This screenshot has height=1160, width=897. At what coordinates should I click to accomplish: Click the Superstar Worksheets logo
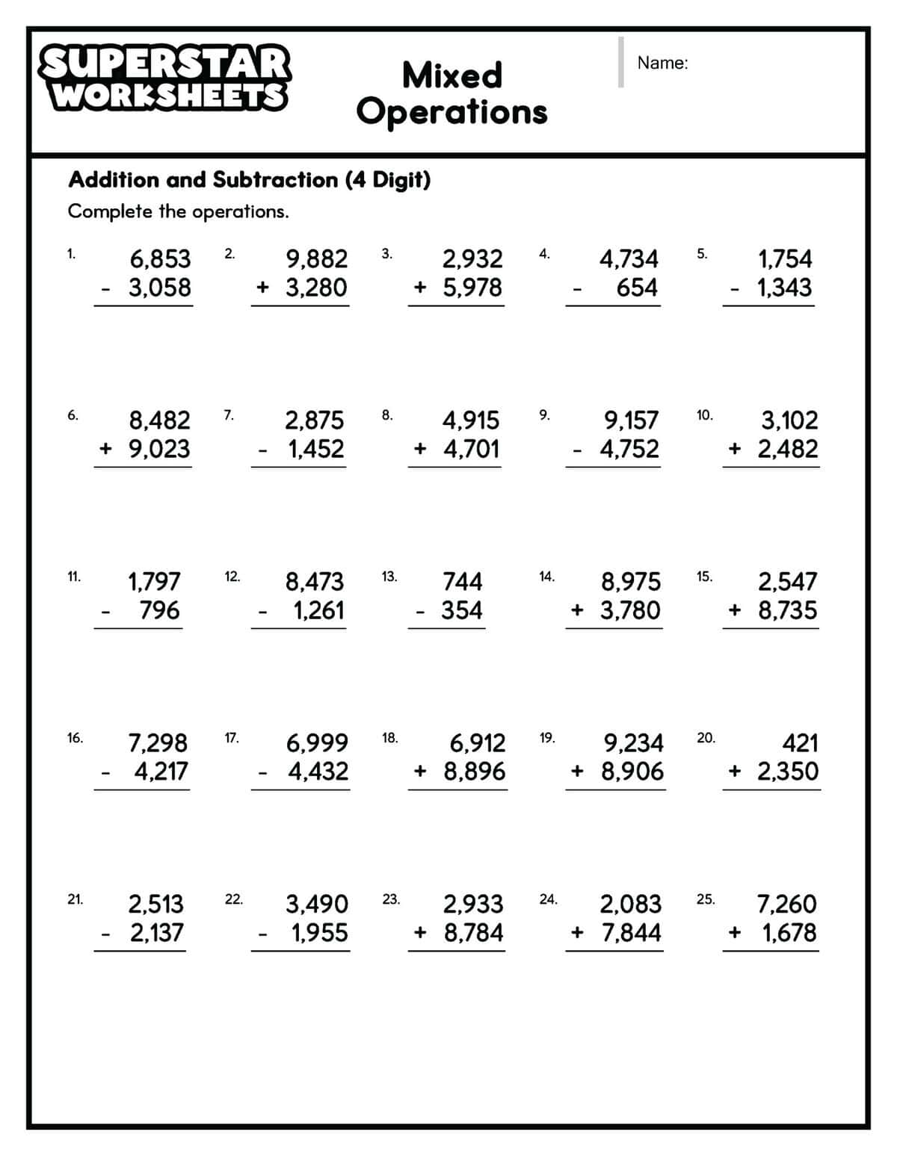pyautogui.click(x=164, y=78)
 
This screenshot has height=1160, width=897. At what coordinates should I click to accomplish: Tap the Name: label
pyautogui.click(x=662, y=63)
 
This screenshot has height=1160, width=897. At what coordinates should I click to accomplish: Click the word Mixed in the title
pyautogui.click(x=452, y=75)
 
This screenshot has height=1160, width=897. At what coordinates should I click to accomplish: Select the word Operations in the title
pyautogui.click(x=452, y=112)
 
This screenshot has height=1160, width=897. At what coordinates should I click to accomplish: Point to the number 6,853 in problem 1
pyautogui.click(x=160, y=259)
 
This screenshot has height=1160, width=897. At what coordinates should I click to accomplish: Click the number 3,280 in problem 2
pyautogui.click(x=316, y=288)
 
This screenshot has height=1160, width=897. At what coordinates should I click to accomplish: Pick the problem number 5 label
pyautogui.click(x=701, y=253)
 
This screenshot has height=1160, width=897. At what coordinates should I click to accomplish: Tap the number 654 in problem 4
pyautogui.click(x=637, y=288)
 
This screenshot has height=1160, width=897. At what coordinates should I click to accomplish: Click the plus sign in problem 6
pyautogui.click(x=106, y=448)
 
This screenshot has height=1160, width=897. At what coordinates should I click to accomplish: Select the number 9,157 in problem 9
pyautogui.click(x=632, y=421)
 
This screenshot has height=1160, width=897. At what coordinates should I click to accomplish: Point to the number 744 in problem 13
pyautogui.click(x=463, y=581)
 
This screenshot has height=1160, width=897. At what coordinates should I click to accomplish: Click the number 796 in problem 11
pyautogui.click(x=160, y=610)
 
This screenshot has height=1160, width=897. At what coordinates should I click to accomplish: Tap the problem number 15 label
pyautogui.click(x=704, y=576)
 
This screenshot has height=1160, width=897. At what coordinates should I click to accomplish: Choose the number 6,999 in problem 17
pyautogui.click(x=317, y=742)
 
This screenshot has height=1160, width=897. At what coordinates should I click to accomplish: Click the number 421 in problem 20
pyautogui.click(x=800, y=742)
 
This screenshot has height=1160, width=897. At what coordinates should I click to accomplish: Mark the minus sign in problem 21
pyautogui.click(x=106, y=933)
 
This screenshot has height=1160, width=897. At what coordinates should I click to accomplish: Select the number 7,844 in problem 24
pyautogui.click(x=631, y=933)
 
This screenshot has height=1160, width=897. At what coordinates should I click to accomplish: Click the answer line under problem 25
pyautogui.click(x=771, y=951)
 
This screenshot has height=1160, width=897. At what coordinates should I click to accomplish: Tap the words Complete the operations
pyautogui.click(x=178, y=211)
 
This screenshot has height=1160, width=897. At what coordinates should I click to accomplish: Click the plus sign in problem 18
pyautogui.click(x=420, y=771)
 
